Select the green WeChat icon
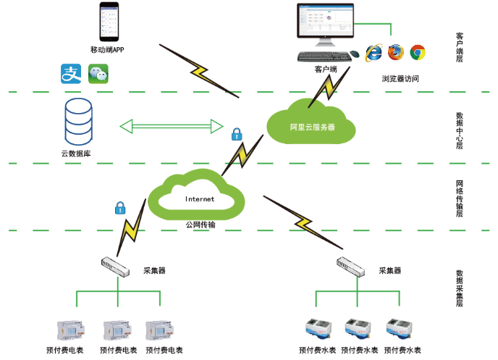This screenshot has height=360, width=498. click(98, 72)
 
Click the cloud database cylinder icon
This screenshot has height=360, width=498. click(78, 121)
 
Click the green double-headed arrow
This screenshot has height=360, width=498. click(172, 126)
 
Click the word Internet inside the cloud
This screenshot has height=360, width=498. click(200, 198)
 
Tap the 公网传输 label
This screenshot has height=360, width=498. click(200, 225)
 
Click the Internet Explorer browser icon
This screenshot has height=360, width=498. click(373, 51)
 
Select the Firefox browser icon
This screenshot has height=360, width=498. click(395, 51)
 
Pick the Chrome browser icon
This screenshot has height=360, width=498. click(418, 51)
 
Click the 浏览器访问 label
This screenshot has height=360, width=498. click(400, 78)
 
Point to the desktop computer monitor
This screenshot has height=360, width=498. click(326, 24)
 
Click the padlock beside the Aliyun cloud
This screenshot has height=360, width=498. click(236, 134)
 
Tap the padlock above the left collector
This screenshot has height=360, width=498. click(120, 209)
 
